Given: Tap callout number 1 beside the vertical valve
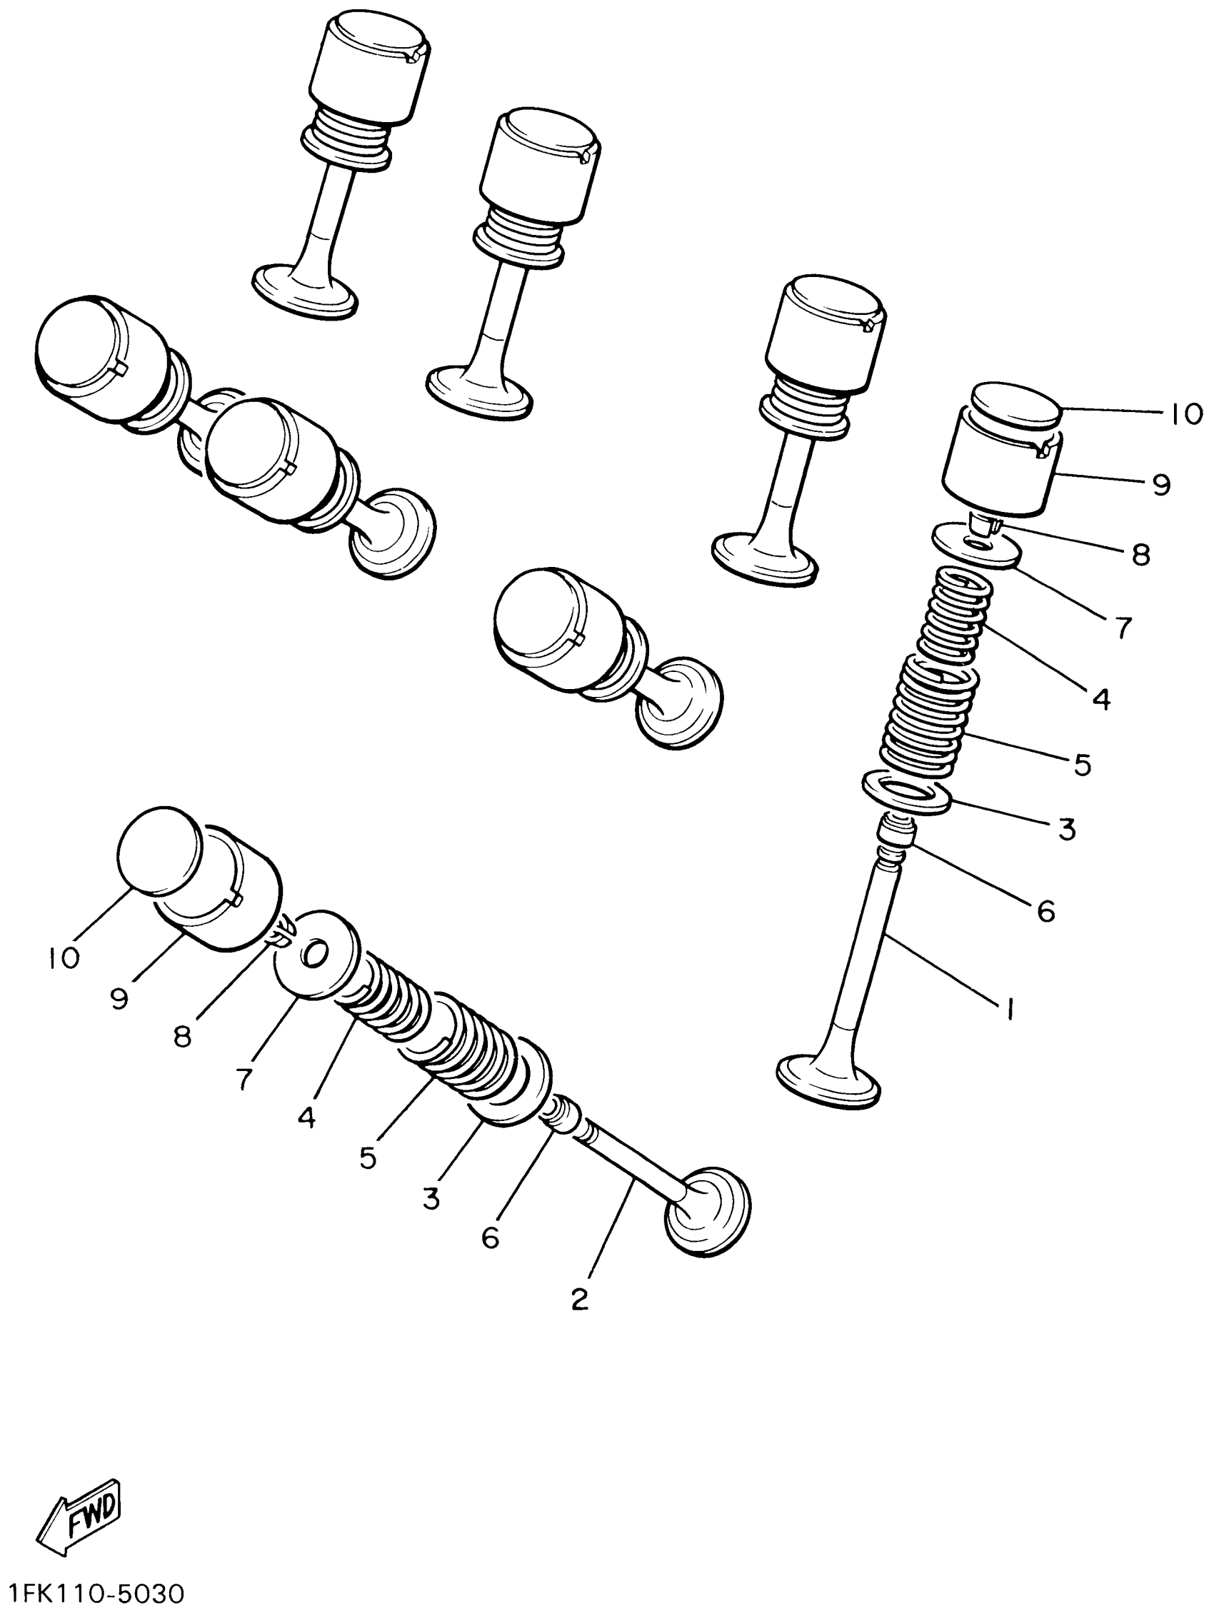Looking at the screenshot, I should coord(1009,1009).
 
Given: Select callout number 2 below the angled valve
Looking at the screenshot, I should coord(579,1299).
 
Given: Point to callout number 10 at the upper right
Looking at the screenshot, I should coord(1186,414).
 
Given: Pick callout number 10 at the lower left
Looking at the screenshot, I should coord(64,958).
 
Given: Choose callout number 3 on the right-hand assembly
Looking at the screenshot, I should coord(1067,829).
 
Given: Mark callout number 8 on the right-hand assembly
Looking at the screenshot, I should coord(1141,555).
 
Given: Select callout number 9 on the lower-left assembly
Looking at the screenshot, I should coord(119,998).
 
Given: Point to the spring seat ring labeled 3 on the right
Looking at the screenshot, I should coord(906,792).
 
